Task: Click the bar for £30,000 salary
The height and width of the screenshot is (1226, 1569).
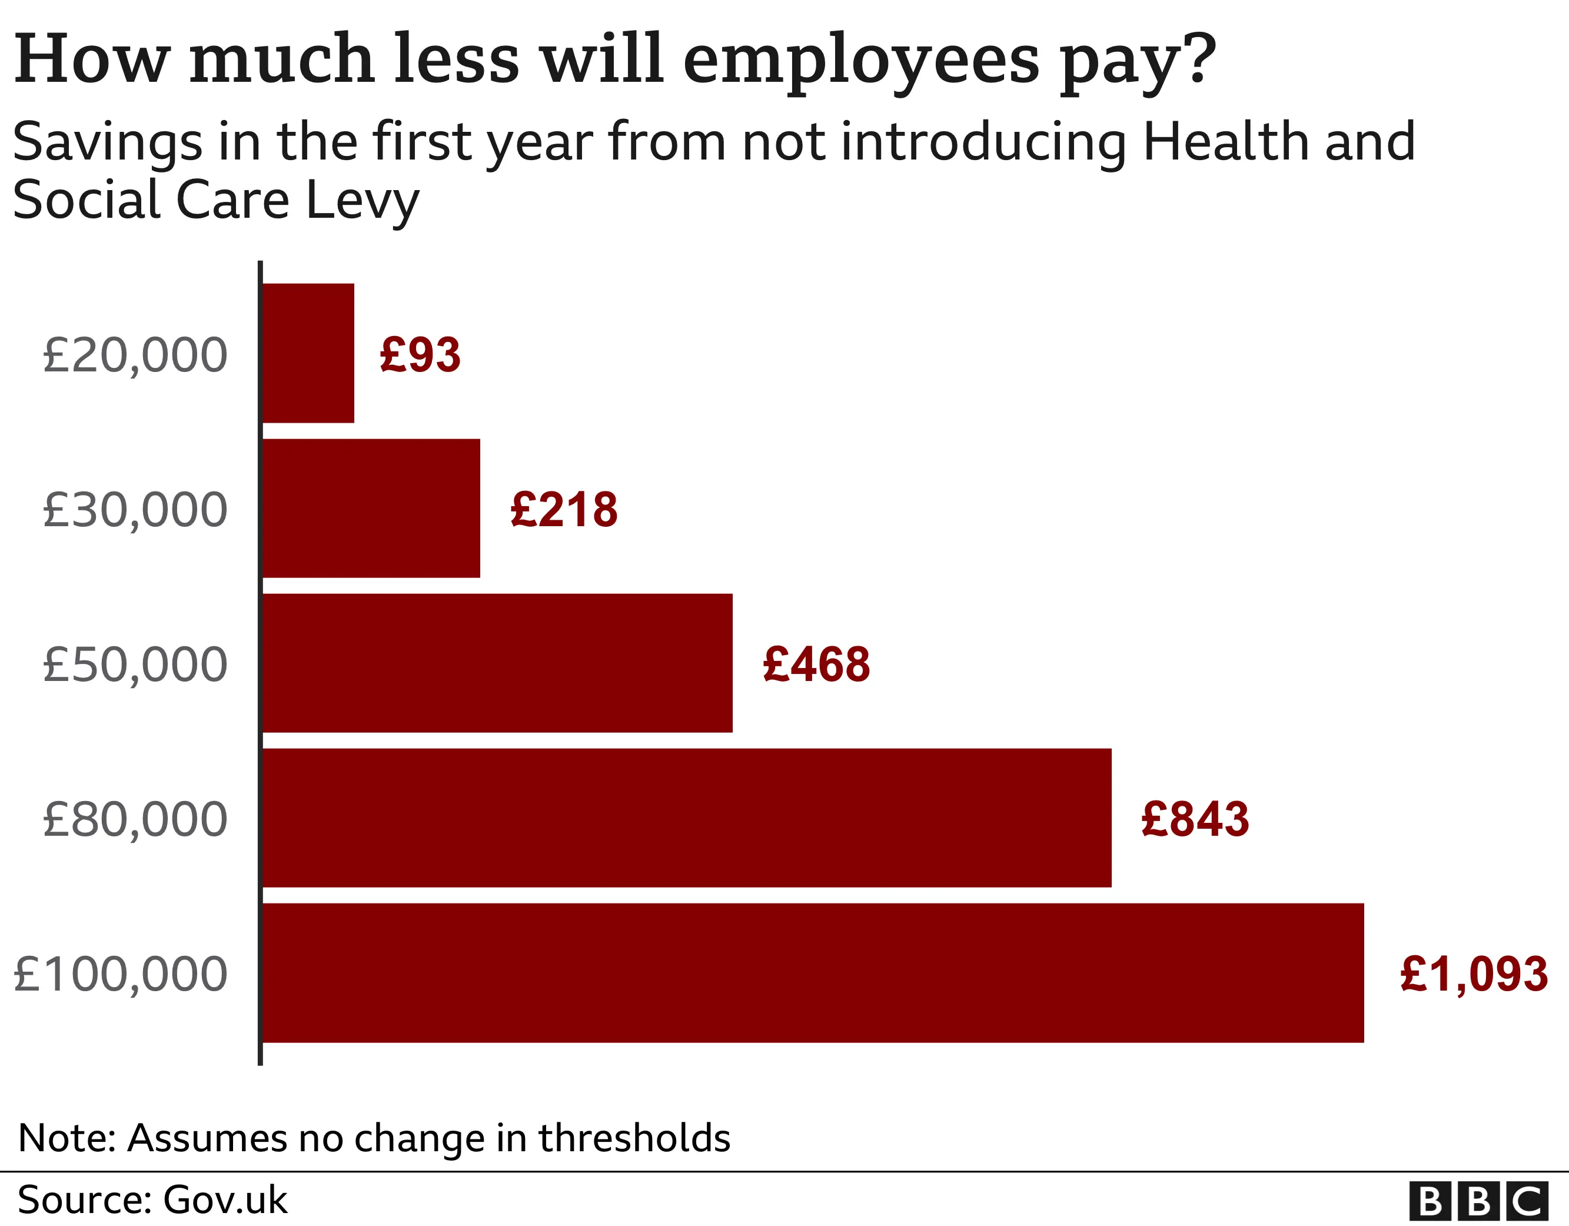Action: coord(371,508)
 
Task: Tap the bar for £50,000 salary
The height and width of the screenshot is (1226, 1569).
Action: coord(497,663)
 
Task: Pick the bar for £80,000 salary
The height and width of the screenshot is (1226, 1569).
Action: coord(686,818)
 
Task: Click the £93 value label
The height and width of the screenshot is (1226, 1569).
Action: coord(420,354)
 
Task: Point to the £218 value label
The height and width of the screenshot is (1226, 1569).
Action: coord(564,510)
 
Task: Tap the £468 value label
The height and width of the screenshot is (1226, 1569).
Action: coord(816,664)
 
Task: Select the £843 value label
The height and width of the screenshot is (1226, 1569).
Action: coord(1195,819)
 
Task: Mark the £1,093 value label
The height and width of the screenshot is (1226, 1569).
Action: coord(1474,975)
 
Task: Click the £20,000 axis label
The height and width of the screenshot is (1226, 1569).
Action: coord(135,354)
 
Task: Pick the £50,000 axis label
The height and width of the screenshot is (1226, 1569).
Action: coord(135,664)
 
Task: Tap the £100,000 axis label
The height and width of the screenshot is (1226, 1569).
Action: coord(121,975)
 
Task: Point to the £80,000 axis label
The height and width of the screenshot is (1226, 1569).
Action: coord(135,819)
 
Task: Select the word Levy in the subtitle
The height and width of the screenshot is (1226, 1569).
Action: coord(362,201)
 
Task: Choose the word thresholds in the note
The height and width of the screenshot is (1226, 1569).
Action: coord(634,1138)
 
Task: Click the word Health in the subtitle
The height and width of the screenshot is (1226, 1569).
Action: coord(1226,142)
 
